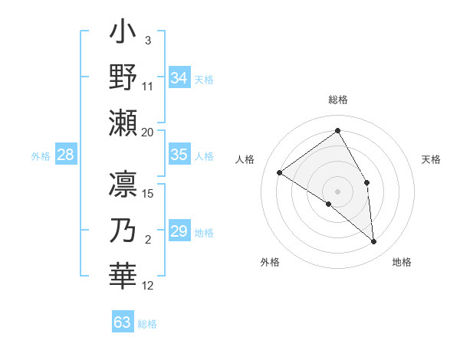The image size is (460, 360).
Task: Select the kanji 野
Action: [123, 78]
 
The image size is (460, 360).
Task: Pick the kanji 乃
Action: [123, 231]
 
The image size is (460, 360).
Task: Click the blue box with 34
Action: [179, 78]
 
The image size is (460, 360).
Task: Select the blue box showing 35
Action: [179, 155]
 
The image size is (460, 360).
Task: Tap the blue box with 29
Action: [179, 231]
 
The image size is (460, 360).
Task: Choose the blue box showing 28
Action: [66, 155]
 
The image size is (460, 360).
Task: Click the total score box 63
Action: [123, 322]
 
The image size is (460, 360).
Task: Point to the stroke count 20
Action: [148, 132]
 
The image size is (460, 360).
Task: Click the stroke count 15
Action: [148, 193]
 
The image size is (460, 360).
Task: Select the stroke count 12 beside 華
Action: [148, 286]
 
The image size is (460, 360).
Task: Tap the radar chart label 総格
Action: [338, 100]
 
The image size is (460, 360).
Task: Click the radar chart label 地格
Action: [402, 262]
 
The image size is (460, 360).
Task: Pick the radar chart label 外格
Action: [270, 262]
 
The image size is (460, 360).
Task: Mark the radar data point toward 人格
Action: [280, 172]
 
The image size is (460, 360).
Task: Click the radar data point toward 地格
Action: [374, 242]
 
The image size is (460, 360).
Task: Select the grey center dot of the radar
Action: [337, 191]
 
